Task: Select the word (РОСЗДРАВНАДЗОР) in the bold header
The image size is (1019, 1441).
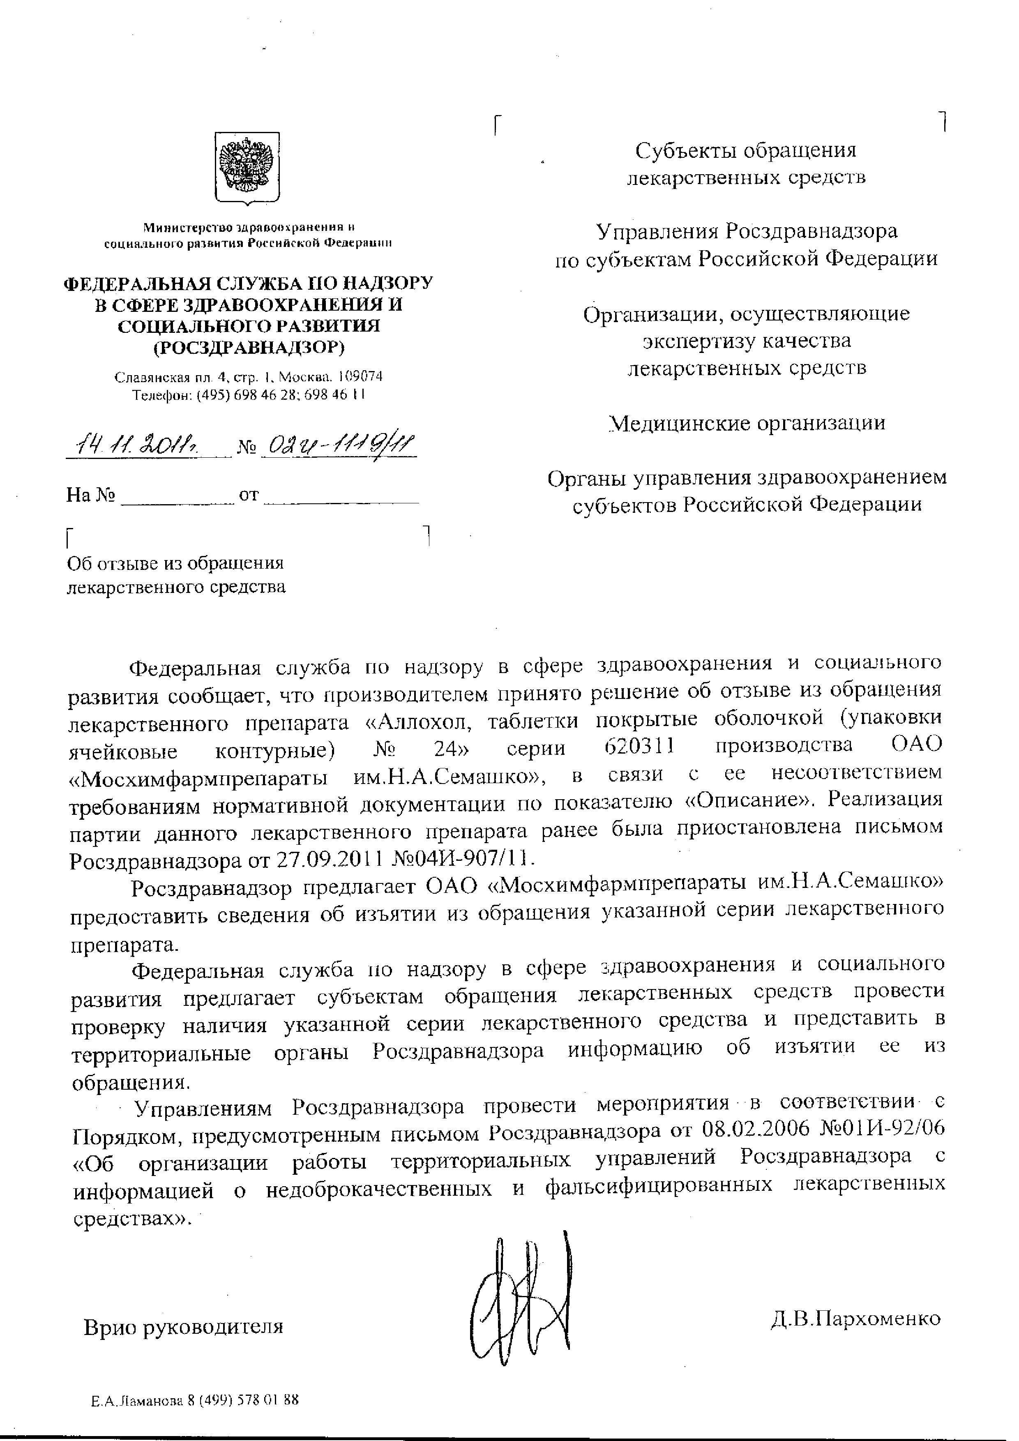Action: click(x=249, y=347)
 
